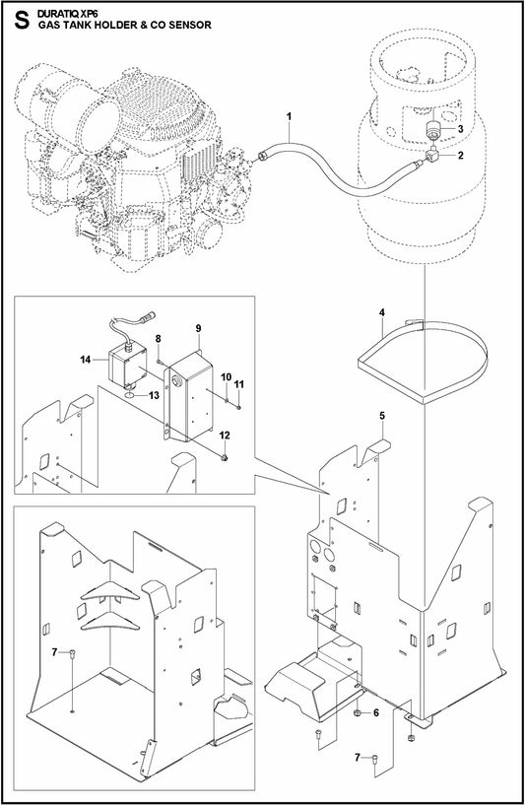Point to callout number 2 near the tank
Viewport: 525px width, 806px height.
click(460, 155)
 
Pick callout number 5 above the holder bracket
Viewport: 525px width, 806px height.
click(381, 417)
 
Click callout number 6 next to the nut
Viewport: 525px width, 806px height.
click(375, 712)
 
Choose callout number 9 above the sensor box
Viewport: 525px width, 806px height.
click(198, 327)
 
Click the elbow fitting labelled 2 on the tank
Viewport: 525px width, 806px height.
click(434, 155)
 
